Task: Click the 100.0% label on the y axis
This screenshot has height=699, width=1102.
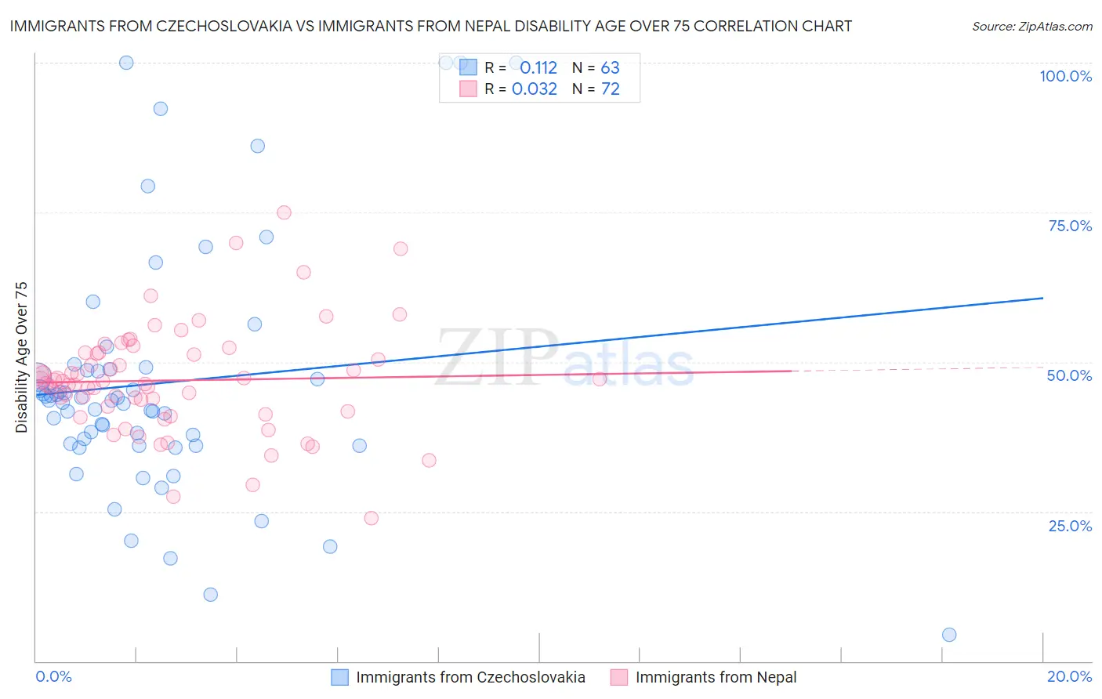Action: pyautogui.click(x=1065, y=76)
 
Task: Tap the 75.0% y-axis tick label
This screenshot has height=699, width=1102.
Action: pyautogui.click(x=1070, y=226)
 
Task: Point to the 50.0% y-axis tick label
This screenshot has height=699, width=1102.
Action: pyautogui.click(x=1069, y=375)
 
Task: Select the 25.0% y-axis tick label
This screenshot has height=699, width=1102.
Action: pyautogui.click(x=1070, y=526)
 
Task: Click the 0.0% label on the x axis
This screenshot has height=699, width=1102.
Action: pyautogui.click(x=53, y=676)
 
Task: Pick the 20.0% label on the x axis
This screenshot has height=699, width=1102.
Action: pyautogui.click(x=1069, y=676)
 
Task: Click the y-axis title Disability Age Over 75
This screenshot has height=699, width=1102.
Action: pyautogui.click(x=22, y=357)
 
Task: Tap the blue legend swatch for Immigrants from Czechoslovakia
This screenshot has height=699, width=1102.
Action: pyautogui.click(x=339, y=677)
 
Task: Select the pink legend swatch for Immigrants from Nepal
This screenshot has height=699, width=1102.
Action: pyautogui.click(x=619, y=677)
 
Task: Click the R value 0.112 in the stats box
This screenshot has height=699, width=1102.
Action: pyautogui.click(x=538, y=68)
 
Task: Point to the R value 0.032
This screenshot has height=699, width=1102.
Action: pyautogui.click(x=535, y=89)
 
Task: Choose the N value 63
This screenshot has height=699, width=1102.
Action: pyautogui.click(x=610, y=68)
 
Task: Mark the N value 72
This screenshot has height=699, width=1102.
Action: pyautogui.click(x=610, y=89)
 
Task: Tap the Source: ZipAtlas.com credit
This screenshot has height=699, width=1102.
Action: pyautogui.click(x=1031, y=27)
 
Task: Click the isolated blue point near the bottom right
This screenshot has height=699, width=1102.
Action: pyautogui.click(x=949, y=635)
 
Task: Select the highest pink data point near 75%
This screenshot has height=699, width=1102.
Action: pyautogui.click(x=284, y=212)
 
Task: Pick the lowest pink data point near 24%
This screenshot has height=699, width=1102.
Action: pyautogui.click(x=372, y=518)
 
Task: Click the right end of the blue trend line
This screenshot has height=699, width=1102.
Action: pyautogui.click(x=1042, y=298)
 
